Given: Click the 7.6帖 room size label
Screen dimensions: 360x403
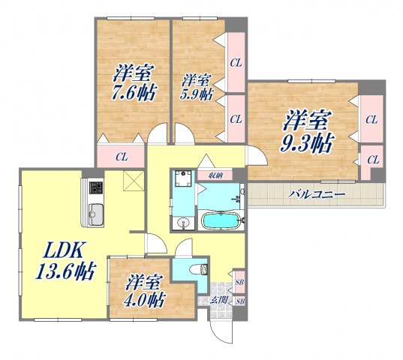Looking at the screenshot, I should (133, 94).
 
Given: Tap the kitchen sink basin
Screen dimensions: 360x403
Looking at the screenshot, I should (95, 214).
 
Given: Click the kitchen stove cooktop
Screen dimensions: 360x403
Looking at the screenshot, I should (95, 188).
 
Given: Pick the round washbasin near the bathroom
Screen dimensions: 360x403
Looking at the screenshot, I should (184, 223).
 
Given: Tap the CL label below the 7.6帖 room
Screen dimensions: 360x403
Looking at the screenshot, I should (121, 157).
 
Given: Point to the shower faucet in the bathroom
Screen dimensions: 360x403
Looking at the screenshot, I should (239, 199).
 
